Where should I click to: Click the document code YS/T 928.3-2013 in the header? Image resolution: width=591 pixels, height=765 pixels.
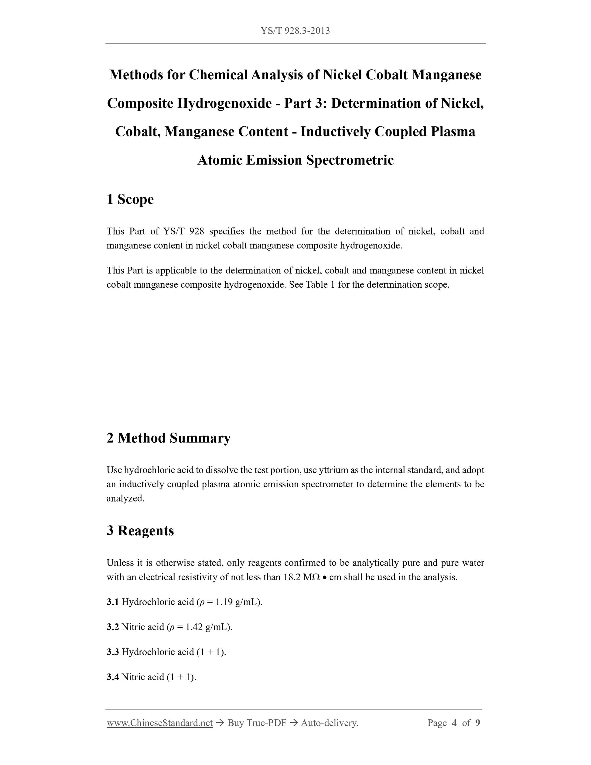click(295, 31)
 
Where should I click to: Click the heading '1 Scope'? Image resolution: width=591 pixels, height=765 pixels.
click(130, 199)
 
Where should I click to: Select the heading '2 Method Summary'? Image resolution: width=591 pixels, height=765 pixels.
click(169, 438)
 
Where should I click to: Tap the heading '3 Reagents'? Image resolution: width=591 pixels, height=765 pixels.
click(140, 531)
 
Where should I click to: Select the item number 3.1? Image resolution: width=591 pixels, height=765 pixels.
click(113, 602)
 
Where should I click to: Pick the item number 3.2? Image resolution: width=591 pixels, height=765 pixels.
click(113, 627)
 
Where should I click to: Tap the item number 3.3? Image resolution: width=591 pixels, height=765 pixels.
click(113, 652)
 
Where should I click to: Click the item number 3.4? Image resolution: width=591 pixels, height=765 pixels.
click(113, 677)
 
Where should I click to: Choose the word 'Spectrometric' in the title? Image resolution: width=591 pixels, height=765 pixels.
click(350, 160)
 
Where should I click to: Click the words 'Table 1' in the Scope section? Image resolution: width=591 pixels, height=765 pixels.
click(320, 284)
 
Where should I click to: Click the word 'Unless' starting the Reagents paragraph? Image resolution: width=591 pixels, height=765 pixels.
click(119, 563)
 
